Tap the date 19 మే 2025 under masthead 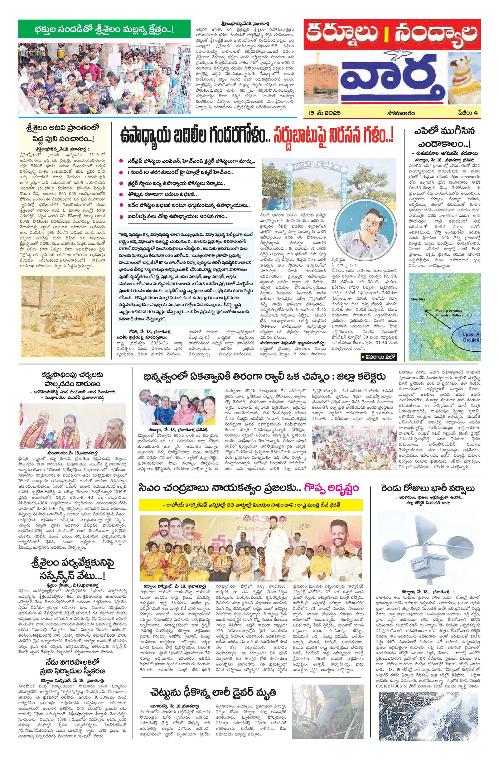(321, 113)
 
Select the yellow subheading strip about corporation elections (251, 504)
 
